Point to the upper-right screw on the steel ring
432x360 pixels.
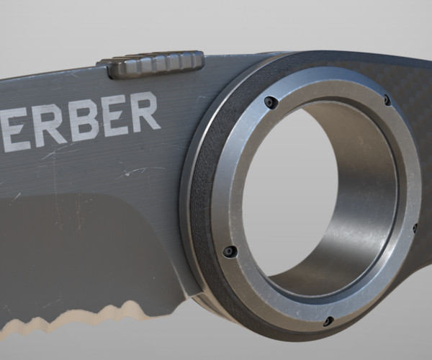click(x=387, y=100)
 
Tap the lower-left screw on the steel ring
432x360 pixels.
click(x=230, y=252)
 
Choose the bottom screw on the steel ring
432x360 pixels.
click(x=328, y=320)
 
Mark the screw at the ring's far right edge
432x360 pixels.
click(x=415, y=228)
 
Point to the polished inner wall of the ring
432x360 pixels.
click(x=367, y=209)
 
